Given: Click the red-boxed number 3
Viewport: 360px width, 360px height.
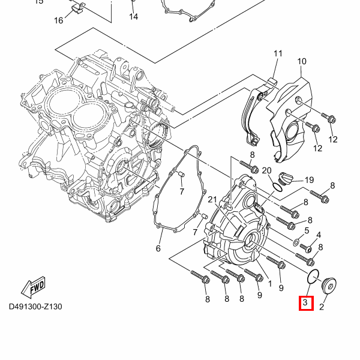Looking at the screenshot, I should click(305, 303).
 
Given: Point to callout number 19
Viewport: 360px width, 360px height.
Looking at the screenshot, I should click(309, 180).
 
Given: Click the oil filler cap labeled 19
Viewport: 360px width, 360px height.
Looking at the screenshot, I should click(286, 178).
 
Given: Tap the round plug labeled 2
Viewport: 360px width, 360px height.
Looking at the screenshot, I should click(331, 286).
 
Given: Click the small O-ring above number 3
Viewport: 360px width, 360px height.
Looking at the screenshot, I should click(312, 277).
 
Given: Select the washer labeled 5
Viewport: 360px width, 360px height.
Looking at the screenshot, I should click(296, 243).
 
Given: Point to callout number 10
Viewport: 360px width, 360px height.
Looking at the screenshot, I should click(301, 61).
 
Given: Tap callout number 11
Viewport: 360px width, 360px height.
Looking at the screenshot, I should click(278, 54).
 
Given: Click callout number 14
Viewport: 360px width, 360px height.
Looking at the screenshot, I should click(133, 17).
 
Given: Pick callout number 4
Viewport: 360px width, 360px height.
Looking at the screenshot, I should click(319, 235).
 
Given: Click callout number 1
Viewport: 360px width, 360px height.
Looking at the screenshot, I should click(270, 283).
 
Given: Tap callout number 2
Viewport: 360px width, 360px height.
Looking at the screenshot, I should click(322, 307).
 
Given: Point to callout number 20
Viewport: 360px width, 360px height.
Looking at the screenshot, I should click(267, 171).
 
